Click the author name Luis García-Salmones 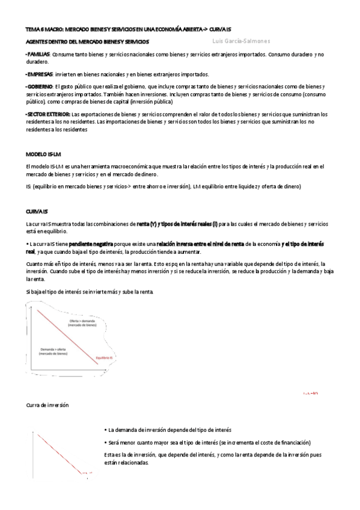click(x=241, y=41)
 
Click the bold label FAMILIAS click(x=38, y=54)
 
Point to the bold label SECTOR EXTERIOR click(x=48, y=114)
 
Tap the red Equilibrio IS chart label click(x=104, y=358)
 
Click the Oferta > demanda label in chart click(x=82, y=322)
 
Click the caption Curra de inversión click(x=47, y=405)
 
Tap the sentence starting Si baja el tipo click(x=90, y=292)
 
